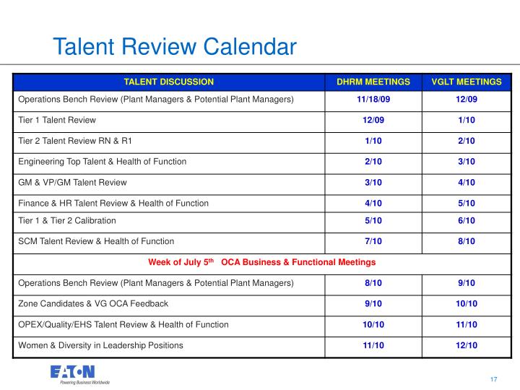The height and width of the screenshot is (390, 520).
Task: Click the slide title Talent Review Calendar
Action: coord(175,46)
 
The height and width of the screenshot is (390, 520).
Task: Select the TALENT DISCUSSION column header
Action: coord(169,82)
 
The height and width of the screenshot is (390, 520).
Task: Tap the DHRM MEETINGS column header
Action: coord(373,82)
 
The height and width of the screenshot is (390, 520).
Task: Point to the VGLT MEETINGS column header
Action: coord(467,82)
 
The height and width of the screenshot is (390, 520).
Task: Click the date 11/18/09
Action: coord(373,99)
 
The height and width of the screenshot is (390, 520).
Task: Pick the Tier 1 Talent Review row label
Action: coord(57,120)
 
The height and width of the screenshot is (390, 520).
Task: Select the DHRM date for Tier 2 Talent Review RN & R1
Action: coord(373,141)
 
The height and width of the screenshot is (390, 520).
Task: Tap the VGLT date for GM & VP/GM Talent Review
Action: coord(467,183)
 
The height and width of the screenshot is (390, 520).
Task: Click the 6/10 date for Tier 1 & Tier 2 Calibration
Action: coord(467,220)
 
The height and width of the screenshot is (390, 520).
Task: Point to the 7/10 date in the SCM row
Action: coord(373,241)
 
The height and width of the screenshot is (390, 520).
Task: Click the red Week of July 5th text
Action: coord(181,262)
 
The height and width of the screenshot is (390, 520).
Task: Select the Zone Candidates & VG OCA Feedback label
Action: coord(93,304)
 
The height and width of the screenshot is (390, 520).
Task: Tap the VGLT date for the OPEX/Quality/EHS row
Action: coord(467,324)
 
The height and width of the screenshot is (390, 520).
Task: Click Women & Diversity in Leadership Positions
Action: coord(100,345)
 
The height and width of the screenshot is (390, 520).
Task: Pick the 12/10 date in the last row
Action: coord(467,345)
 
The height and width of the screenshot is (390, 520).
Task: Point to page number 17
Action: coord(494,379)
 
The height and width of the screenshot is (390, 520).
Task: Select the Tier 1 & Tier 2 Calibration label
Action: coord(67,220)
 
